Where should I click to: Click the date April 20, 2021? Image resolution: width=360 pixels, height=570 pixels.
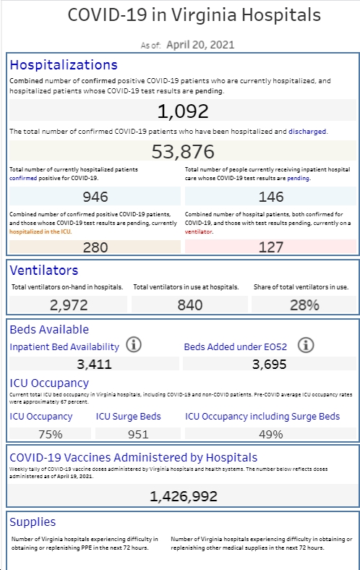pos(200,45)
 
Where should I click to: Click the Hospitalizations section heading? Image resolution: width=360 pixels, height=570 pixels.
pos(64,64)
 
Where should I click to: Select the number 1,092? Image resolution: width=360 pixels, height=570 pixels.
pos(183,111)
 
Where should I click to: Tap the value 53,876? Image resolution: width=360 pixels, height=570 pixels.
pos(183,151)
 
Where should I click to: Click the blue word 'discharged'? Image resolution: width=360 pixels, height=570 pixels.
pos(307,131)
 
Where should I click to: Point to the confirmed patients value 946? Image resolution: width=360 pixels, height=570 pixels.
pos(95,197)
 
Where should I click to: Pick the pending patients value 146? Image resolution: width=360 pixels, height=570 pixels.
pos(270,197)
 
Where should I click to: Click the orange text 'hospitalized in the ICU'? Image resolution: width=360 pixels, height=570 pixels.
pos(40,231)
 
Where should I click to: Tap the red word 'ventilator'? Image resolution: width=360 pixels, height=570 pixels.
pos(198,231)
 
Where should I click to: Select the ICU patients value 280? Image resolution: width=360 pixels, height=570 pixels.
pos(95,247)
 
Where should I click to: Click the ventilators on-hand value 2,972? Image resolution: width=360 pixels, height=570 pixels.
pos(69,305)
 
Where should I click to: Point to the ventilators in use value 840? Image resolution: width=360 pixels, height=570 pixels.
pos(189,305)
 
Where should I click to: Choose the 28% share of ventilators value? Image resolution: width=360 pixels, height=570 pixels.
pos(304,305)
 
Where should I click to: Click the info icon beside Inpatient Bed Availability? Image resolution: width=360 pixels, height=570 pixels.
pos(134,344)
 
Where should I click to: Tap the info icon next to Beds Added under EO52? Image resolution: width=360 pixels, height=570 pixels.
pos(306,345)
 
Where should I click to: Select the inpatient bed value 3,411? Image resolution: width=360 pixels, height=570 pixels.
pos(94,364)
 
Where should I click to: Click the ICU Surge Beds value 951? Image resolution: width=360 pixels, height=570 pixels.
pos(138,434)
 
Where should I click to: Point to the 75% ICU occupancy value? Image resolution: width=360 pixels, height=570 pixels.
pos(50,434)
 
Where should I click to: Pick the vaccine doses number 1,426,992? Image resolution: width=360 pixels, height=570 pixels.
pos(184,496)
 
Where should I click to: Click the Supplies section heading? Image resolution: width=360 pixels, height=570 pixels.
pos(33,522)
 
